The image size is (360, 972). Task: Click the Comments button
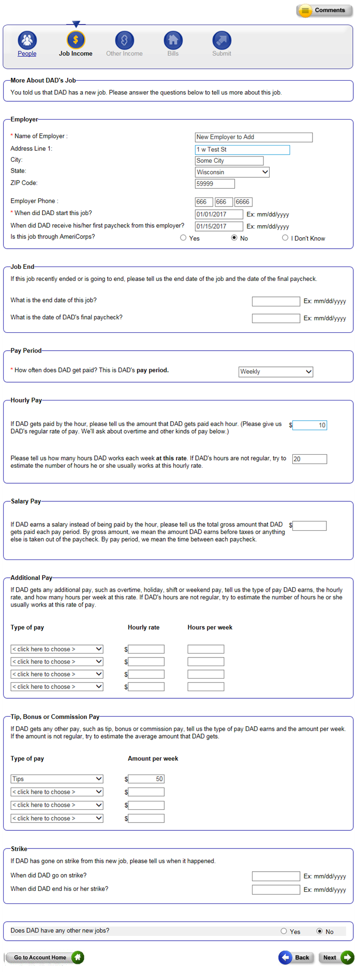pyautogui.click(x=324, y=10)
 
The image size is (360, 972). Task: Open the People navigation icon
pyautogui.click(x=27, y=40)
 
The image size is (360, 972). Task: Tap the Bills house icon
pyautogui.click(x=173, y=40)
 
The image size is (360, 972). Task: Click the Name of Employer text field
pyautogui.click(x=253, y=137)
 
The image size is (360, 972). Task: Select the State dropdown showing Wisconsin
pyautogui.click(x=232, y=172)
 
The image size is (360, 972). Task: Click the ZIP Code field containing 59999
pyautogui.click(x=215, y=183)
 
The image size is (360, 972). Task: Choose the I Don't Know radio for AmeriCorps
pyautogui.click(x=285, y=238)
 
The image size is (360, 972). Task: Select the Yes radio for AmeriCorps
pyautogui.click(x=183, y=238)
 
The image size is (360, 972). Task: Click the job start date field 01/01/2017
pyautogui.click(x=219, y=214)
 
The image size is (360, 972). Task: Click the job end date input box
pyautogui.click(x=276, y=301)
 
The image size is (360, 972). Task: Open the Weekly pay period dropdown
pyautogui.click(x=276, y=372)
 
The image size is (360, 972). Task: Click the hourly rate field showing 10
pyautogui.click(x=310, y=425)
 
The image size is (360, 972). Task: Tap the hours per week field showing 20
pyautogui.click(x=310, y=459)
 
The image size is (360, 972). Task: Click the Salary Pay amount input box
pyautogui.click(x=310, y=526)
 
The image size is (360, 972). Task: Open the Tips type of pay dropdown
pyautogui.click(x=57, y=779)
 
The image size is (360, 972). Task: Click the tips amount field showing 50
pyautogui.click(x=146, y=779)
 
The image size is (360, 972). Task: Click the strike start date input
pyautogui.click(x=276, y=876)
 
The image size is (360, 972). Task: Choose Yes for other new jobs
pyautogui.click(x=284, y=931)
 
